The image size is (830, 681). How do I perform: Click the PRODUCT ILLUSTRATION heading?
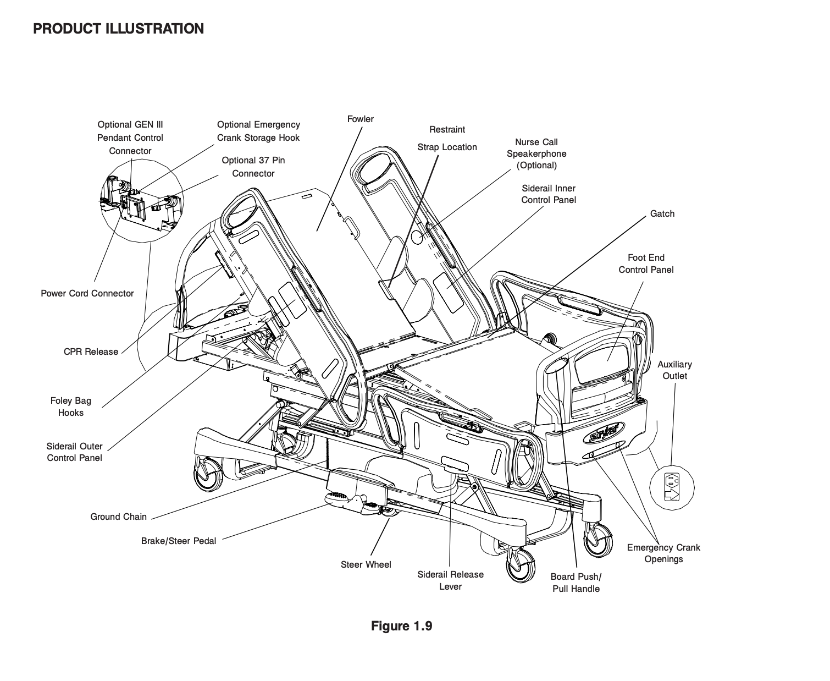tap(118, 29)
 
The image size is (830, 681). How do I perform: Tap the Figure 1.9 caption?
tap(401, 626)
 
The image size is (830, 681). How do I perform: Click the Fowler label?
tap(360, 119)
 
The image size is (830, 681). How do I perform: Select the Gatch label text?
tap(662, 213)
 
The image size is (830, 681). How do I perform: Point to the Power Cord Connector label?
tap(87, 293)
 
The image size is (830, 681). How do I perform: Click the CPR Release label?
tap(91, 352)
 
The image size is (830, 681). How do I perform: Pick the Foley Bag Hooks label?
tap(71, 407)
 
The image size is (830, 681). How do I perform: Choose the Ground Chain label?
tap(118, 517)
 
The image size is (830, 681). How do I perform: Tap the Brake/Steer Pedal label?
tap(179, 541)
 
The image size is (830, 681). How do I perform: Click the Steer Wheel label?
tap(366, 564)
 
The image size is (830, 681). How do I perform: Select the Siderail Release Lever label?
tap(450, 580)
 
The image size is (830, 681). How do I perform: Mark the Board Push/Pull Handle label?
tap(576, 583)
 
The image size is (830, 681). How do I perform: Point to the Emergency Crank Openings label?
tap(663, 553)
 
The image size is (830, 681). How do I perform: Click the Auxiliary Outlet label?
tap(674, 370)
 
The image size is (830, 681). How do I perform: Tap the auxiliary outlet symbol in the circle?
tap(672, 487)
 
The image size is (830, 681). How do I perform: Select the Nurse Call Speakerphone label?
tap(536, 153)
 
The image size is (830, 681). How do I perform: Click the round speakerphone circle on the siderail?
tap(417, 237)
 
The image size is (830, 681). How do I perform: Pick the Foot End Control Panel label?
tap(646, 263)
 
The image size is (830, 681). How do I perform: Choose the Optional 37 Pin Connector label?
tap(253, 167)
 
